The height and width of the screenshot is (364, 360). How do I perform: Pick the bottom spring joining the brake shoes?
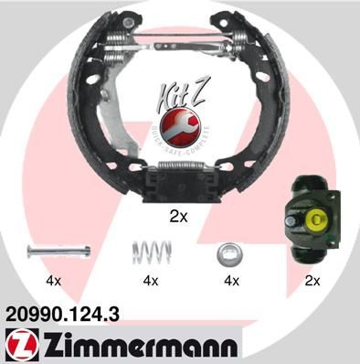[x=179, y=170]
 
